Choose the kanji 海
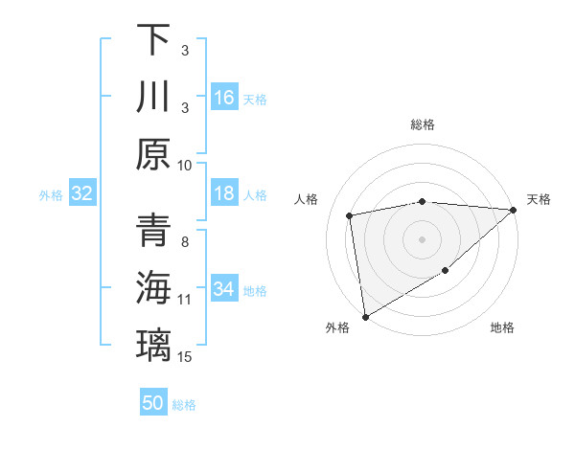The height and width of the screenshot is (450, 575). (x=153, y=288)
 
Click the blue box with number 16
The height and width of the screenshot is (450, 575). (x=224, y=98)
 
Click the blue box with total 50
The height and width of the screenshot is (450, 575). (x=153, y=403)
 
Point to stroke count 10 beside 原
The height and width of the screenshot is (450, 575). (x=185, y=165)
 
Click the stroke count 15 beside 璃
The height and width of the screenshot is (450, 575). (x=185, y=357)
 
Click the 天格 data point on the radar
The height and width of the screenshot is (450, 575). (x=514, y=210)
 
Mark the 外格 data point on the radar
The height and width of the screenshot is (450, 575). (x=365, y=316)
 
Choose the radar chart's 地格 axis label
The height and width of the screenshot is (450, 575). (x=502, y=328)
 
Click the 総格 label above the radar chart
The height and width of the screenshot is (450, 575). (x=422, y=124)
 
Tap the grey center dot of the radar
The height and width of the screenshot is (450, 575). (x=422, y=238)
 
